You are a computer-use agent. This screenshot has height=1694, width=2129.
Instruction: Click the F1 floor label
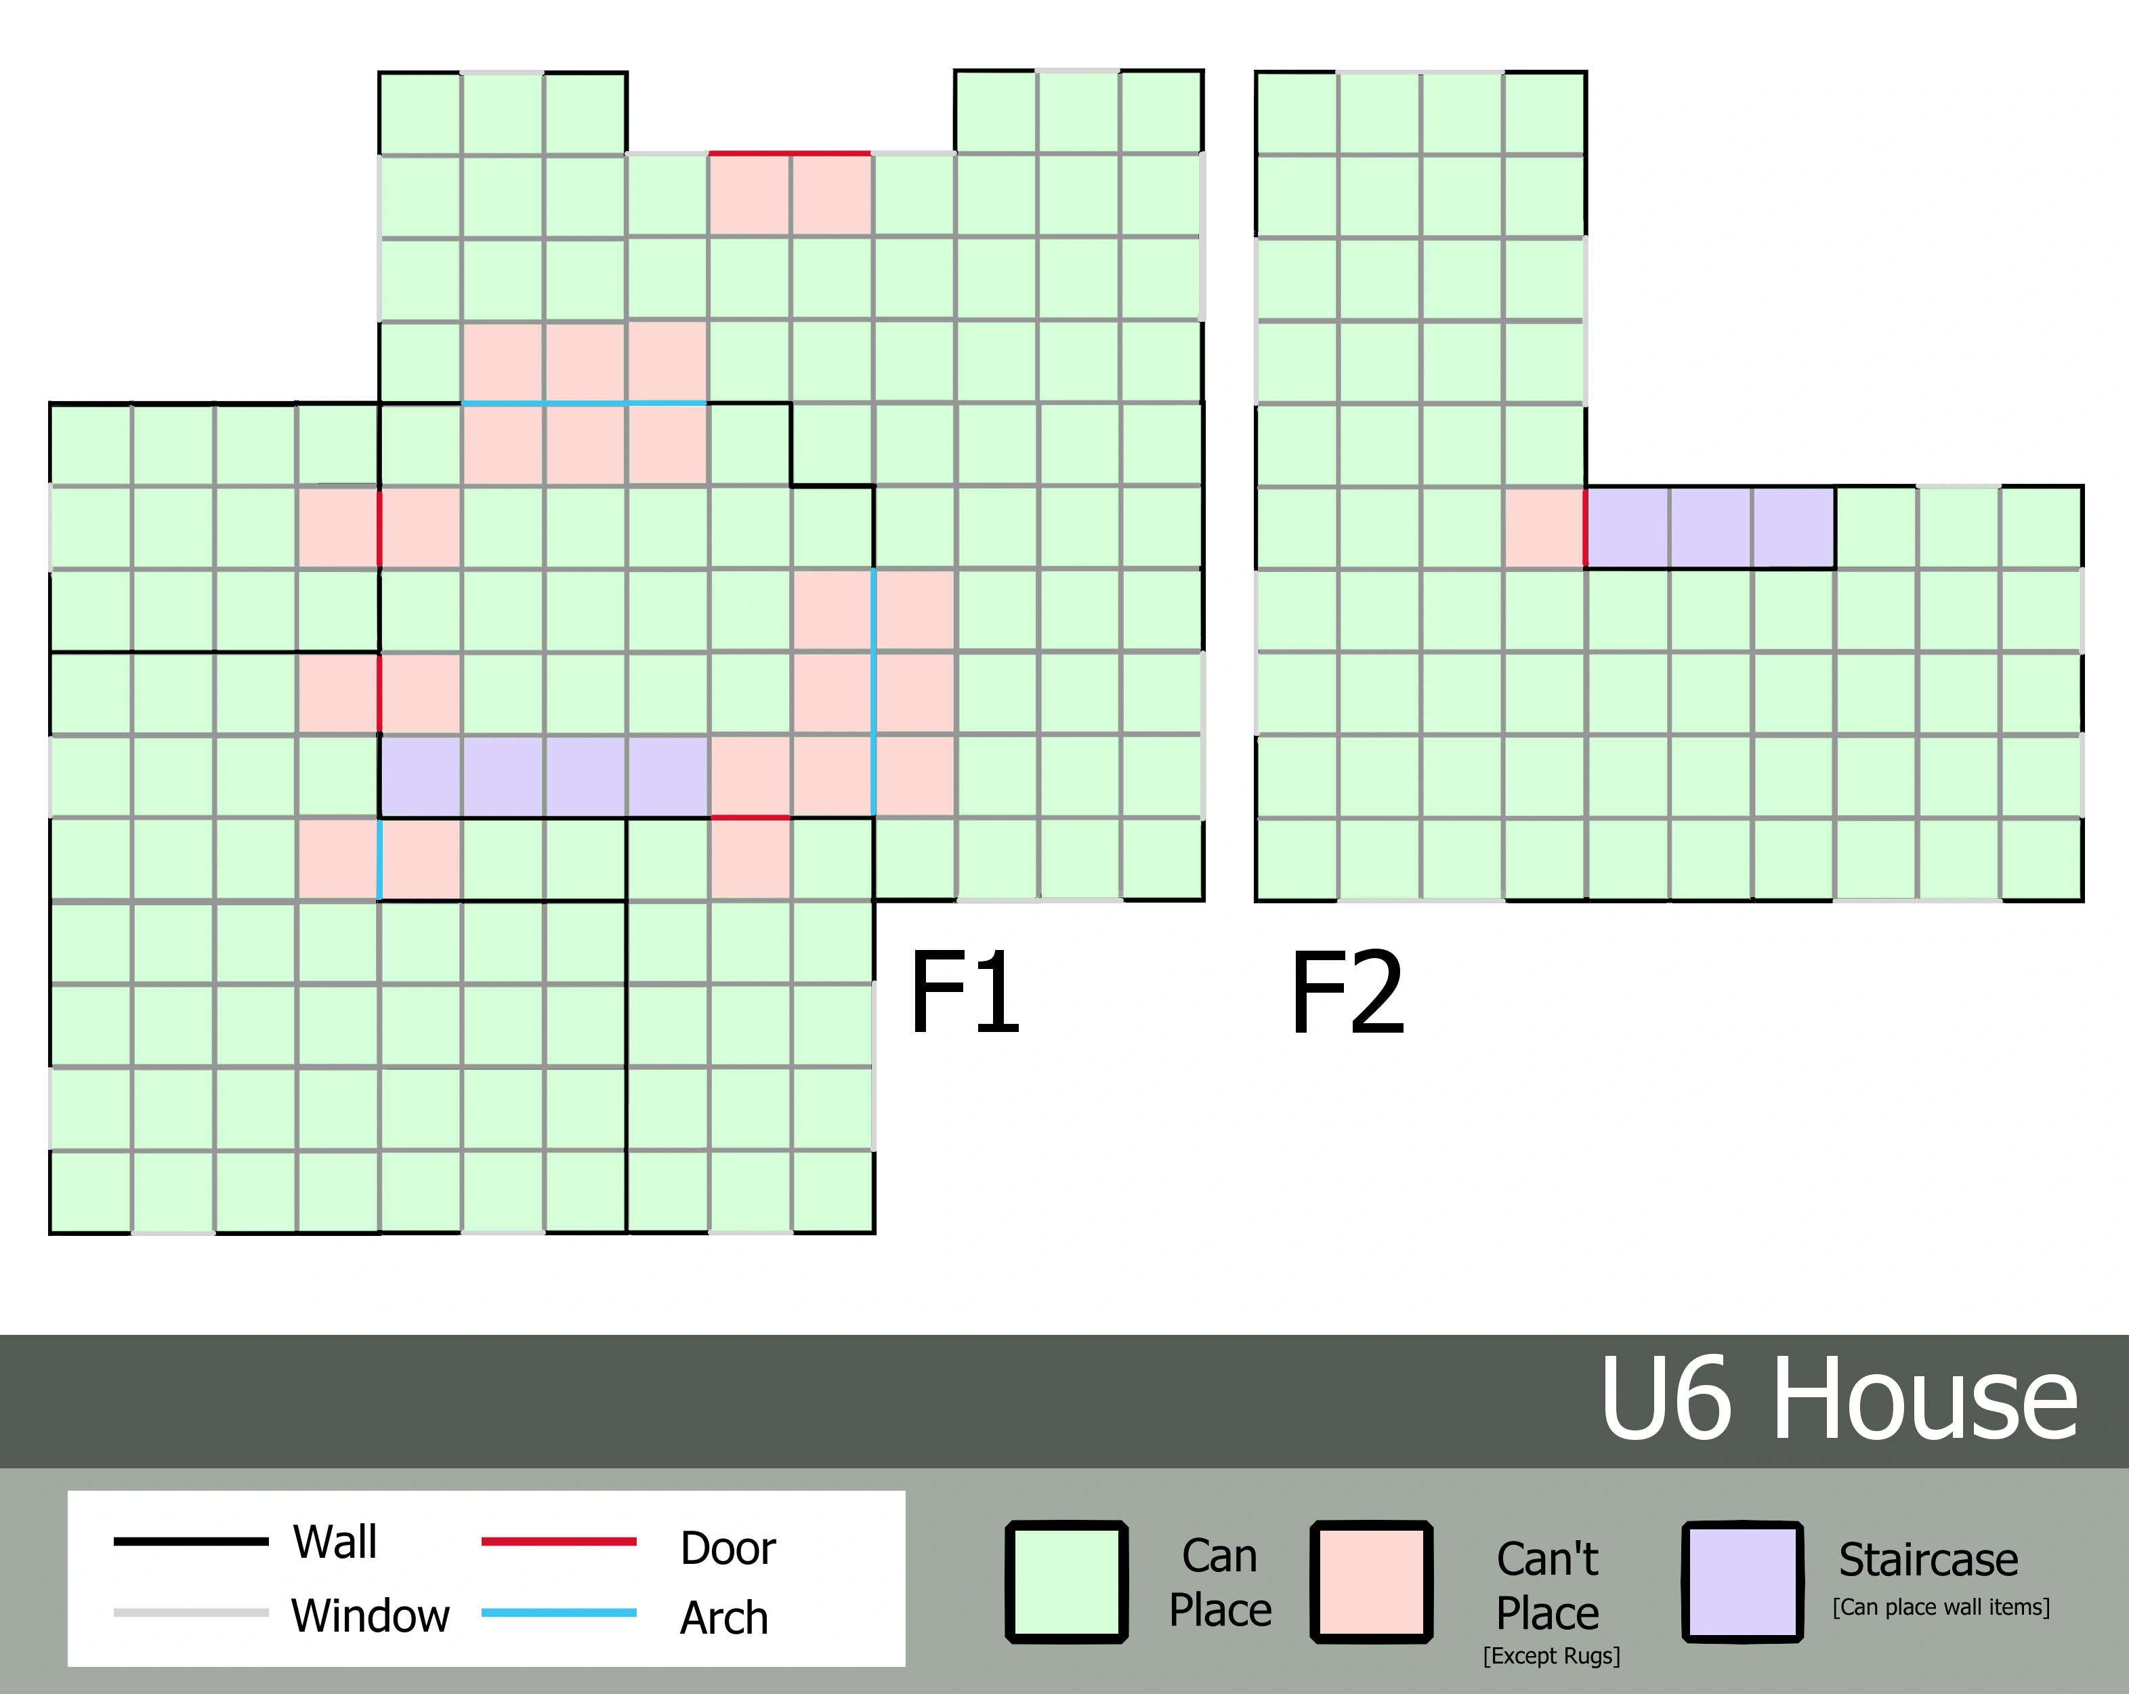click(964, 992)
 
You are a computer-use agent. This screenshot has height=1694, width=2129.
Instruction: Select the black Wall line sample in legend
click(190, 1541)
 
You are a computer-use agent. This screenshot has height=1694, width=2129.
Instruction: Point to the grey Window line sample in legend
click(190, 1613)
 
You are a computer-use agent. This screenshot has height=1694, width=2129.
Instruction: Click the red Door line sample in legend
click(559, 1541)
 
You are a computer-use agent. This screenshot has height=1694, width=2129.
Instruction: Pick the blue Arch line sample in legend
click(559, 1613)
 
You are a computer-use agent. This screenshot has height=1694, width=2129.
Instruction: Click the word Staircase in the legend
click(1928, 1561)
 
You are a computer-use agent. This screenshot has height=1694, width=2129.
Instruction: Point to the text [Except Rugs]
click(1551, 1655)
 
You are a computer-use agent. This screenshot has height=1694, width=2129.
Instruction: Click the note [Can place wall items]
click(1941, 1607)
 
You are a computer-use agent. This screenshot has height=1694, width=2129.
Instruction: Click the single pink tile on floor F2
click(1544, 527)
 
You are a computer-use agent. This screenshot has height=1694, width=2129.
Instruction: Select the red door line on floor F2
click(1586, 527)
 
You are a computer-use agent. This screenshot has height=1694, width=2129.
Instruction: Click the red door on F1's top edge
click(790, 153)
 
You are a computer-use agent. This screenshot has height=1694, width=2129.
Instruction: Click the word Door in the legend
click(728, 1548)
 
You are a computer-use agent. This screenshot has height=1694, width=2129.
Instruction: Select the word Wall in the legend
click(335, 1542)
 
